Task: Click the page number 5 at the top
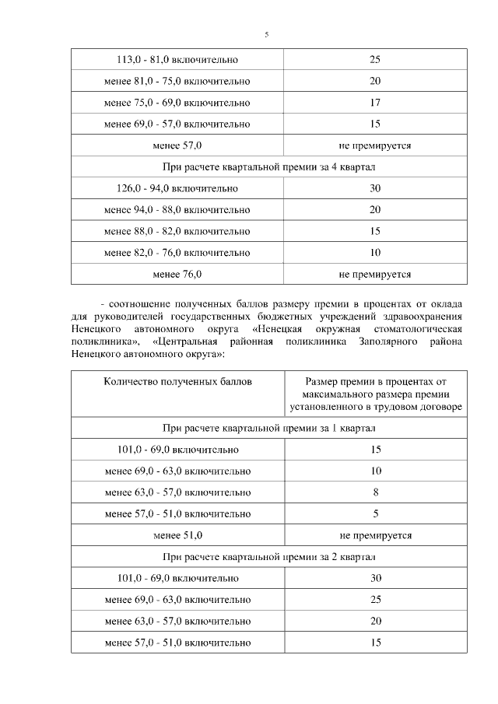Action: point(266,35)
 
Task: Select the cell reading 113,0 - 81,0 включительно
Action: point(177,59)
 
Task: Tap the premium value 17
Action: point(375,103)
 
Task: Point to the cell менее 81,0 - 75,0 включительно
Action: point(177,81)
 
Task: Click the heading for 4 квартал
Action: point(268,167)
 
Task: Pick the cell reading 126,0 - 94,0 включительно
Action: point(177,188)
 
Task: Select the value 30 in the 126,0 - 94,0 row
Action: point(375,188)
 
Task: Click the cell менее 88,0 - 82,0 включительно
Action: point(177,231)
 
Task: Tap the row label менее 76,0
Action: point(177,274)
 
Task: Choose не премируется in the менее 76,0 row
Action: point(375,274)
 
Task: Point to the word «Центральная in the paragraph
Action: point(185,341)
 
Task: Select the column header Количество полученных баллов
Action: point(177,382)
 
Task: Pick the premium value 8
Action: point(375,492)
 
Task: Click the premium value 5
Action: point(375,513)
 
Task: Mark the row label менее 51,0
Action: point(177,535)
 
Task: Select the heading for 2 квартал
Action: point(268,557)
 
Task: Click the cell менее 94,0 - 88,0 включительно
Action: point(177,210)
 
